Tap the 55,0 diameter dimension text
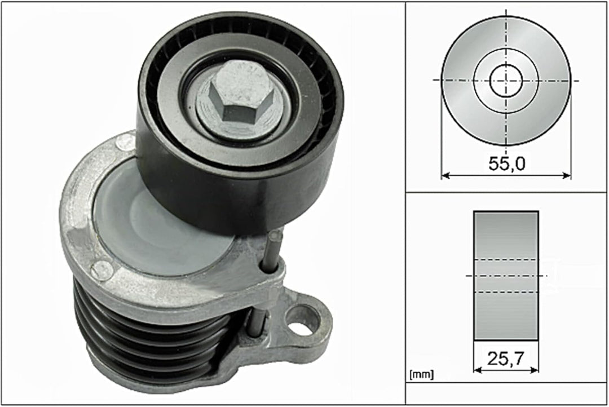(506, 163)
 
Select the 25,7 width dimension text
(506, 359)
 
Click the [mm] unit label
(421, 374)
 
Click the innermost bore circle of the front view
(506, 81)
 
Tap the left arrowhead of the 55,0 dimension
(445, 175)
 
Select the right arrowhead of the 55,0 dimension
(567, 175)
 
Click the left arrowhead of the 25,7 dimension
(478, 370)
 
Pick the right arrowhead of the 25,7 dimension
(535, 370)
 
